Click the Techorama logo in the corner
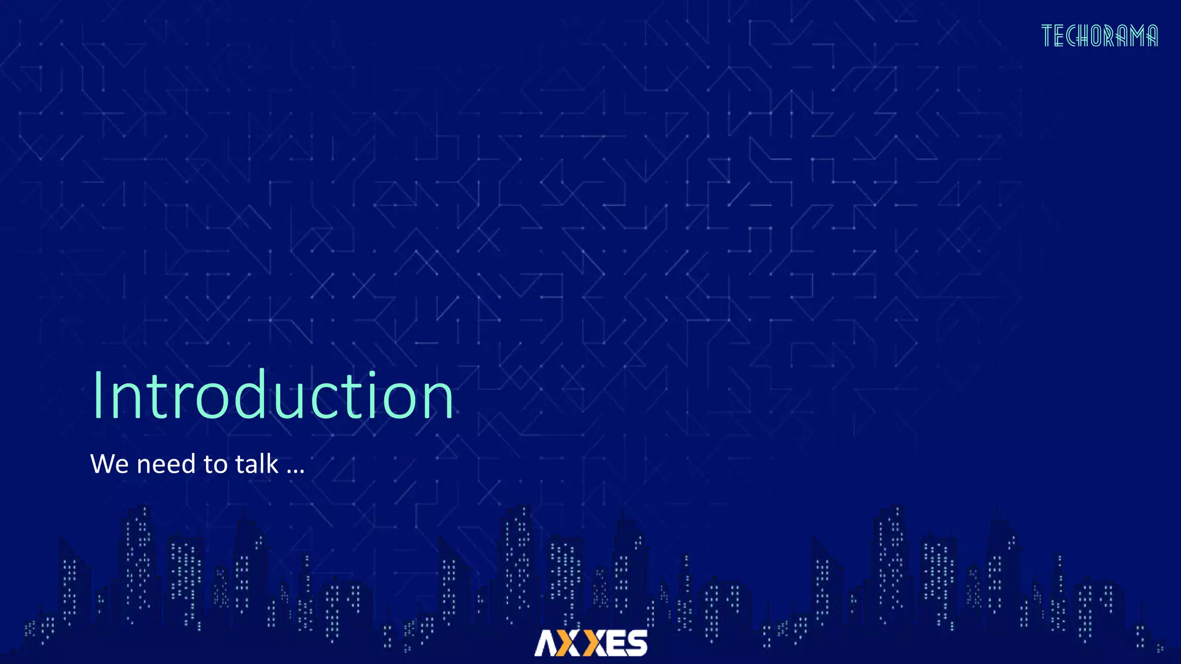(x=1099, y=36)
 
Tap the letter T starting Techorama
(x=1048, y=36)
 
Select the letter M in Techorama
(x=1137, y=36)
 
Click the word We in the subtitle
(x=110, y=464)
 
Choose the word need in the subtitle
(x=166, y=464)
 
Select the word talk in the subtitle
(x=257, y=464)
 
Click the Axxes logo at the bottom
(x=590, y=643)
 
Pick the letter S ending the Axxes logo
(x=637, y=643)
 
